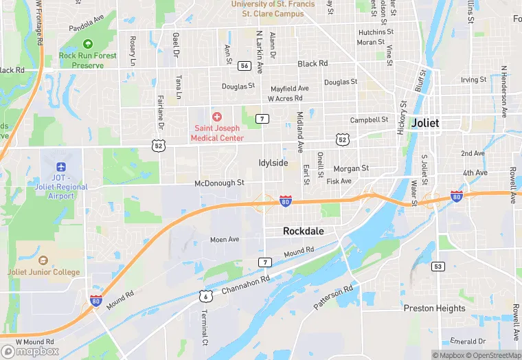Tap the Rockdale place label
[303, 232]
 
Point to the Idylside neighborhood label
[273, 163]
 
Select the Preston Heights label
[434, 308]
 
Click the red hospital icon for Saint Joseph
[217, 117]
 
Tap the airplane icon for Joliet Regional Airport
[61, 167]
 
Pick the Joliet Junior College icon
[43, 261]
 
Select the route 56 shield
[244, 65]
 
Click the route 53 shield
[438, 265]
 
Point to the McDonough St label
[219, 183]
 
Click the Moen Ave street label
[225, 240]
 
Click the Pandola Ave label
[85, 28]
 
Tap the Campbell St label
[370, 120]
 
